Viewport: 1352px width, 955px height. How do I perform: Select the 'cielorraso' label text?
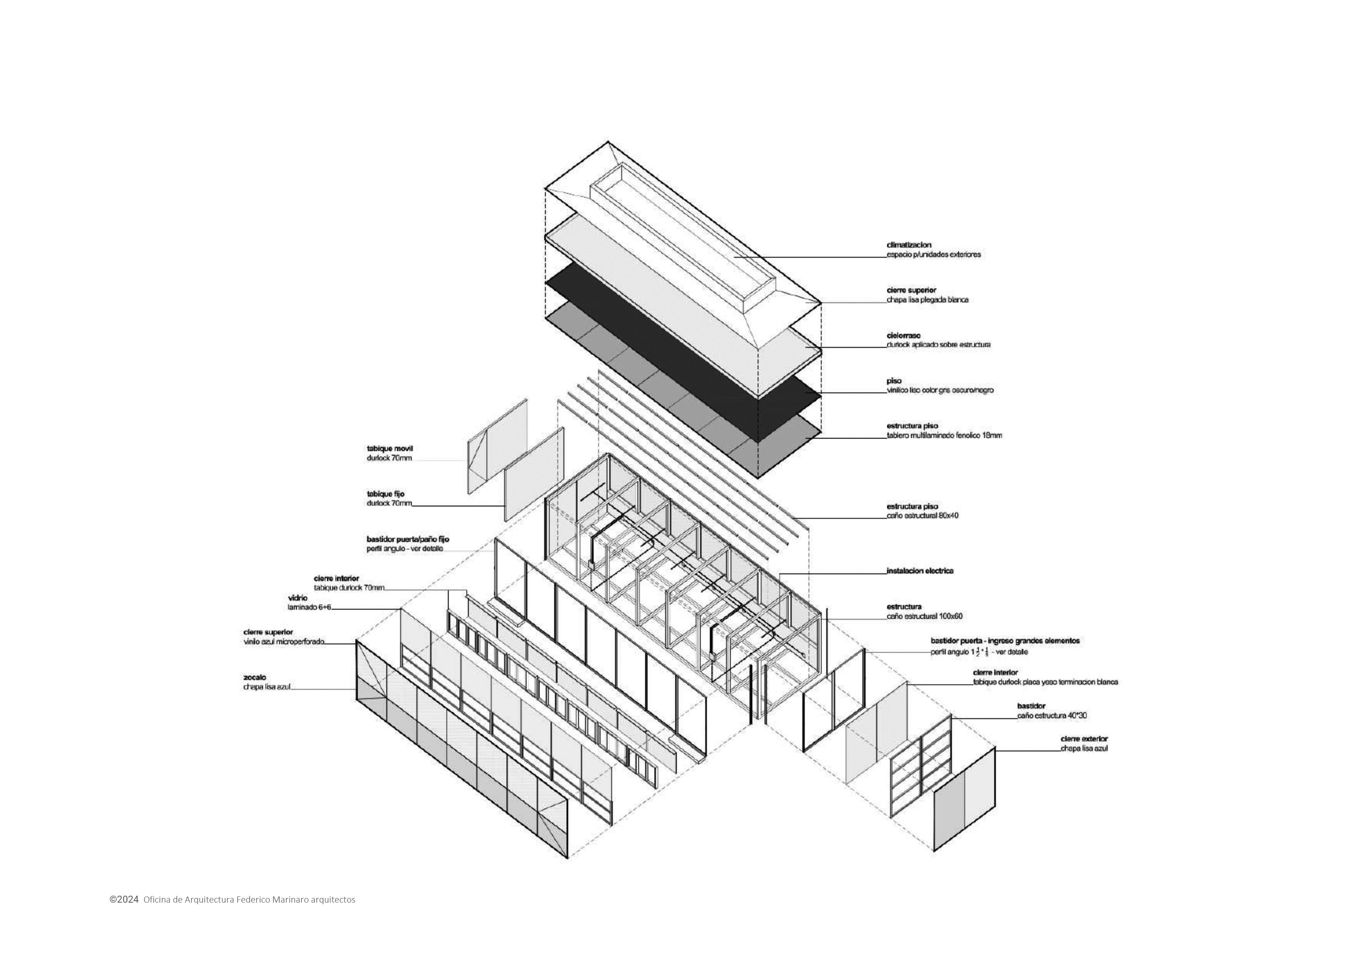(904, 335)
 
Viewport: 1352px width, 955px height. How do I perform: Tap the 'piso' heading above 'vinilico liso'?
(894, 381)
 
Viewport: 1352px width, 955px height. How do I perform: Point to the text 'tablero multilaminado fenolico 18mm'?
(944, 436)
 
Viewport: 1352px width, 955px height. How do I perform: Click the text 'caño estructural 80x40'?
(922, 516)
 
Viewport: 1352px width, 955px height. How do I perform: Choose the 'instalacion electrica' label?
(920, 571)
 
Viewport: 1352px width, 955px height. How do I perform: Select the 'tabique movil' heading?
(390, 448)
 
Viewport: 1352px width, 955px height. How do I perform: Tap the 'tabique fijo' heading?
(386, 494)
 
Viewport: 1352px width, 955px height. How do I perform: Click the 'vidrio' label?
(298, 598)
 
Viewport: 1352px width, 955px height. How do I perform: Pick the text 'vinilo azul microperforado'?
(283, 642)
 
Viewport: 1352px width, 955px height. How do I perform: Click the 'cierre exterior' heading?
(1084, 739)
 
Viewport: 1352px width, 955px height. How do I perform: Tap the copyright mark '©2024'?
(124, 899)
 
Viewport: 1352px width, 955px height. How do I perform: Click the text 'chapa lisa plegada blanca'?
(927, 300)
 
